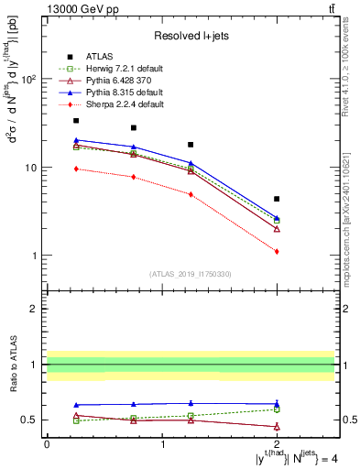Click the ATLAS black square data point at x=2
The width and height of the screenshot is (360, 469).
click(x=277, y=199)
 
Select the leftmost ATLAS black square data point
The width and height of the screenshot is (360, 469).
click(x=76, y=121)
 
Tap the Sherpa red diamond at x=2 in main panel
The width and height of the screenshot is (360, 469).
click(x=277, y=251)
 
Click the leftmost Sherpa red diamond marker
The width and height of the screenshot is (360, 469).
click(x=76, y=169)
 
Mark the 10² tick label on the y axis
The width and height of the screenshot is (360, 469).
click(x=27, y=80)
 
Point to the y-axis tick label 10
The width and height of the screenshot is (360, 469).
click(x=29, y=168)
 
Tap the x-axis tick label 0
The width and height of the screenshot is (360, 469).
click(x=47, y=443)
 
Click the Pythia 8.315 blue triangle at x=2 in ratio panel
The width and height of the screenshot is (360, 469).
click(x=277, y=403)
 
